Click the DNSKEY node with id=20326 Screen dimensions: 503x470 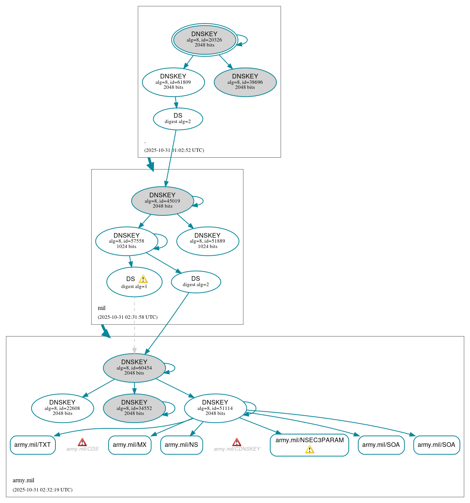[204, 40]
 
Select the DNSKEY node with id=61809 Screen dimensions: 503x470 [173, 82]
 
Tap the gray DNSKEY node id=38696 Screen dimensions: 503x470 [245, 82]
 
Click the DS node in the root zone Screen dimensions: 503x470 [178, 119]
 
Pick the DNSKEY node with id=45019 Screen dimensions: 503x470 [162, 201]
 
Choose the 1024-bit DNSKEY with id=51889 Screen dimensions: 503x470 [207, 241]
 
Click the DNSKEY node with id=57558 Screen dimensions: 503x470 [127, 241]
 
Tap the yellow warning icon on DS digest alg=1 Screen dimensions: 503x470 [143, 279]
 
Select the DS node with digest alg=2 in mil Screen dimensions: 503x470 [196, 282]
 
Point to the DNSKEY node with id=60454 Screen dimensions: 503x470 [134, 368]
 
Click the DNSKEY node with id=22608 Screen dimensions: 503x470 [62, 408]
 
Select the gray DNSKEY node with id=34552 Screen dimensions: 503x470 [134, 408]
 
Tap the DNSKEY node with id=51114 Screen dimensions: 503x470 [215, 408]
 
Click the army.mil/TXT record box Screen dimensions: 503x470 [33, 445]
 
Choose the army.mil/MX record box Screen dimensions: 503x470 [130, 445]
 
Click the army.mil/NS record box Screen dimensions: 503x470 [181, 445]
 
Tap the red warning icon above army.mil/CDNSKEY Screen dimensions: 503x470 [237, 442]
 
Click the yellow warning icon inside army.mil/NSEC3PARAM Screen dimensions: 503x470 [309, 450]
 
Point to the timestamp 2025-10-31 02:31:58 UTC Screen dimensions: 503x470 [127, 317]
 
